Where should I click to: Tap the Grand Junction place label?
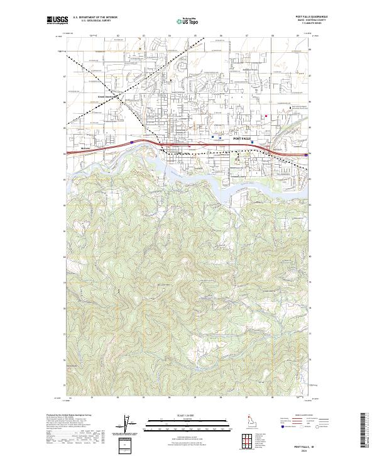108,96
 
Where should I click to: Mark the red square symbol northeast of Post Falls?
266,116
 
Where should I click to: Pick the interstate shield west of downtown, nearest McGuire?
131,143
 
